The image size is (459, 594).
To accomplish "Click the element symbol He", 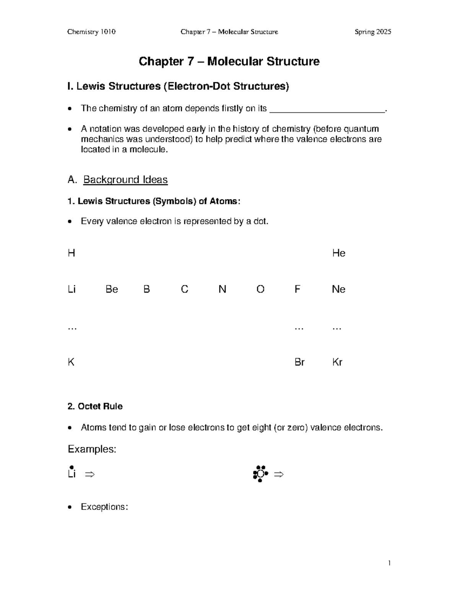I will [339, 253].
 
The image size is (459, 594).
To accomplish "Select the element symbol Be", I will [112, 289].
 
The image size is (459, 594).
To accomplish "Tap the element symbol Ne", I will [339, 289].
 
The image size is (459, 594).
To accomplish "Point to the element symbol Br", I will [299, 362].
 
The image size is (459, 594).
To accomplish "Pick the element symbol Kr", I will [337, 362].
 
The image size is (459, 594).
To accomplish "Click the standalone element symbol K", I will [71, 362].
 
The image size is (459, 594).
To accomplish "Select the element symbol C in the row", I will [184, 289].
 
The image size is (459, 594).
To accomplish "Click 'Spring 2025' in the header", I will [373, 32].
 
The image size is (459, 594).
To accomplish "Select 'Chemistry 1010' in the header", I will [91, 32].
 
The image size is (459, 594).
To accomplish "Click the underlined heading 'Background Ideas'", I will [125, 179].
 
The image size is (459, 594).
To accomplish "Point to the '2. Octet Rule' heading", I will [95, 406].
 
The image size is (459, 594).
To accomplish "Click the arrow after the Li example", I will [90, 475].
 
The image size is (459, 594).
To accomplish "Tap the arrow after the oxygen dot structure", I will [279, 475].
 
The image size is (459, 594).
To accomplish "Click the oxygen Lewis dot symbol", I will [260, 474].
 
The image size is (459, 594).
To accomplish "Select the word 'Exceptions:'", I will [104, 507].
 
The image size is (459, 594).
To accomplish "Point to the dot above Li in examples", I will [71, 467].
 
